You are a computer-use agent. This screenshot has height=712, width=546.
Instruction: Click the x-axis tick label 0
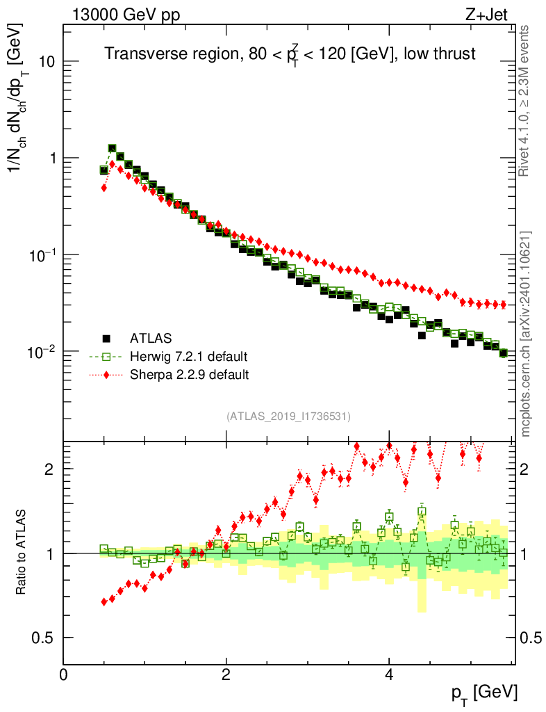(64, 674)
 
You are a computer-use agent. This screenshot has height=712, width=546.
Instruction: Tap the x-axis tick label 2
(226, 674)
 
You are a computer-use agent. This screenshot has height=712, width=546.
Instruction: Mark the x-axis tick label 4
(389, 674)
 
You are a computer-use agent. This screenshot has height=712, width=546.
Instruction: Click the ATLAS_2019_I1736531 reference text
(288, 416)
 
